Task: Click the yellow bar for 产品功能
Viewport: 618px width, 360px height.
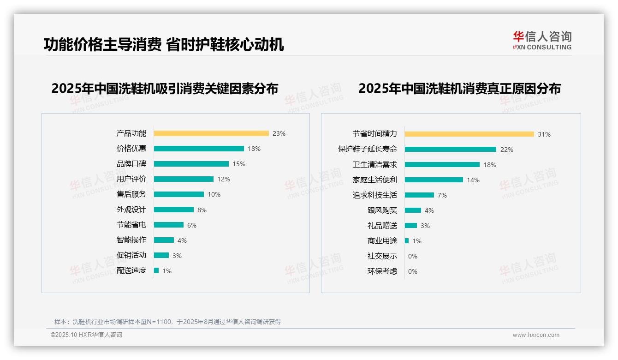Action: tap(211, 133)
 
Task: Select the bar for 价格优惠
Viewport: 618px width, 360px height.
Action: tap(199, 149)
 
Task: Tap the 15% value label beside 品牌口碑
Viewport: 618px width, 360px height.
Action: tap(239, 164)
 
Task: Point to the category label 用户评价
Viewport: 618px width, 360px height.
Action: tap(131, 179)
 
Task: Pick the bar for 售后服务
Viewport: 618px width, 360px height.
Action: tap(179, 194)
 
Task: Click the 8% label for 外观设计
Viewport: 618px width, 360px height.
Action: tap(202, 210)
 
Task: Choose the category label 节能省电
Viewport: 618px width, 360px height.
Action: tap(131, 225)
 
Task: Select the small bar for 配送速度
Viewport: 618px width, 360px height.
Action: tap(156, 270)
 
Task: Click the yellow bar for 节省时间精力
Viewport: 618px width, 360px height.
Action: tap(469, 134)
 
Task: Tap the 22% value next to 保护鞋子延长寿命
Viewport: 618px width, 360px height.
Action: tap(507, 150)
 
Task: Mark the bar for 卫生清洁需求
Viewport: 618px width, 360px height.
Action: tap(442, 165)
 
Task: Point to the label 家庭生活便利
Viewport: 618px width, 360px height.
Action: tap(374, 180)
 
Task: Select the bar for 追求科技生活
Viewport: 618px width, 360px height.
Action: tap(420, 195)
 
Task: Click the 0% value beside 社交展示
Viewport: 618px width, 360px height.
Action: tap(413, 256)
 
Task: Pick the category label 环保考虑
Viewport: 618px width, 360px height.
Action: tap(382, 271)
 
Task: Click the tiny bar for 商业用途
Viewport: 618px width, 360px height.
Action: tap(407, 241)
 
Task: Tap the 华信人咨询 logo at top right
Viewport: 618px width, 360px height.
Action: tap(542, 41)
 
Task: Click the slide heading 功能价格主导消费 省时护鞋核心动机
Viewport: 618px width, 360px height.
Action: tap(164, 45)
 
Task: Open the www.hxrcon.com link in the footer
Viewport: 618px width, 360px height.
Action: tap(536, 335)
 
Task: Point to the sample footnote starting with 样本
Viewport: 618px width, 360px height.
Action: tap(167, 322)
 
